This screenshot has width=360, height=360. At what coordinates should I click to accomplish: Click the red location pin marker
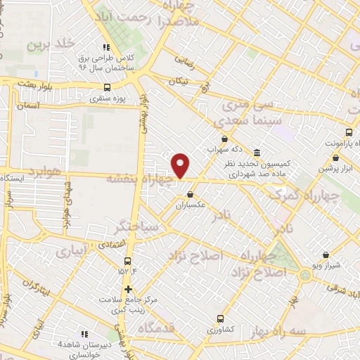(x=181, y=165)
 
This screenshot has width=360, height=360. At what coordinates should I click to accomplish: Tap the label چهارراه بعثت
(x=140, y=180)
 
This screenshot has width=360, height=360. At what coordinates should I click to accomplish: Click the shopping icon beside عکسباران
(x=190, y=195)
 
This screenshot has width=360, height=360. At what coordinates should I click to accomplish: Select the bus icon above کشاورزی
(x=221, y=318)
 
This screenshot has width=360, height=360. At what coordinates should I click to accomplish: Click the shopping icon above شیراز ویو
(x=325, y=255)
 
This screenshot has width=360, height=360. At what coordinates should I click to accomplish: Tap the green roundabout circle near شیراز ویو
(x=304, y=275)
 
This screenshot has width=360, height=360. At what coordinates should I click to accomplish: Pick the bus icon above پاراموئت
(x=349, y=131)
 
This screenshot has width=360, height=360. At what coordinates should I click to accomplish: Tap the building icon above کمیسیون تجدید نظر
(x=257, y=153)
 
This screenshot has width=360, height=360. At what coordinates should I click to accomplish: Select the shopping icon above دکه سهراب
(x=224, y=139)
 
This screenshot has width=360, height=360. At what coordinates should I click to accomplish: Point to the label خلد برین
(x=51, y=44)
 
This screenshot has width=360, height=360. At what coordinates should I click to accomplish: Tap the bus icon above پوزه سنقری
(x=107, y=87)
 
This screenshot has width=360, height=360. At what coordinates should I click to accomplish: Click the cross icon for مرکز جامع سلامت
(x=128, y=288)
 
